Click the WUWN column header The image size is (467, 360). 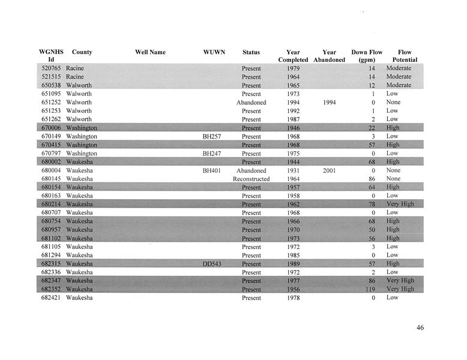[214, 52]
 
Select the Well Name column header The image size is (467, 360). [150, 52]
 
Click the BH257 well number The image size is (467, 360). [212, 137]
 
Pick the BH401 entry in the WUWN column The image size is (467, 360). [212, 170]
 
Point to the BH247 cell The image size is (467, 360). [212, 154]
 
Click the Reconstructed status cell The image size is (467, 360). [251, 179]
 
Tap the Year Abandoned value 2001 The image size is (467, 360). [329, 170]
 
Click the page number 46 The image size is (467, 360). [420, 328]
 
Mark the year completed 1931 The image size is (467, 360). [293, 170]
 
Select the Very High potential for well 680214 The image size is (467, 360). [400, 205]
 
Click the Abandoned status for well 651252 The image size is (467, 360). [251, 103]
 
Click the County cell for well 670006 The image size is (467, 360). [82, 128]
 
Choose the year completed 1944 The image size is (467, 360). [293, 162]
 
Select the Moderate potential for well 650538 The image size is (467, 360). [399, 85]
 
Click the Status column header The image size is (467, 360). [251, 52]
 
